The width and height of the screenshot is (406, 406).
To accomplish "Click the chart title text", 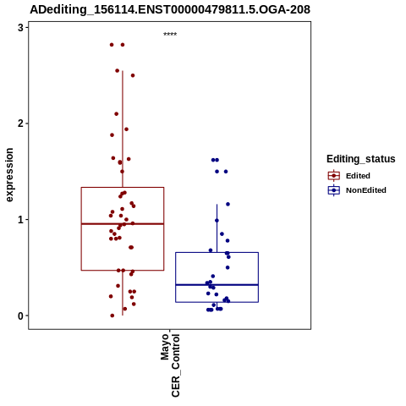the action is click(170, 9).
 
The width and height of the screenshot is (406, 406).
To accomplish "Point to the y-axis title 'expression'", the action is click(9, 175).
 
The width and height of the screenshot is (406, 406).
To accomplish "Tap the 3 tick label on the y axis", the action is click(20, 28).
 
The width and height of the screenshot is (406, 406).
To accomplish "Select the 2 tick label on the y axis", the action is click(20, 123).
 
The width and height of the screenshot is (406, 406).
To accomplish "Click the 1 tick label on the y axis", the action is click(20, 220).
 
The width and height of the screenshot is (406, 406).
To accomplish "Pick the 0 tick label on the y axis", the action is click(20, 315).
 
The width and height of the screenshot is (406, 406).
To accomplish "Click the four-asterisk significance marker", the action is click(170, 34).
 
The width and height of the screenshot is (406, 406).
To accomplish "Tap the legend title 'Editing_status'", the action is click(360, 159).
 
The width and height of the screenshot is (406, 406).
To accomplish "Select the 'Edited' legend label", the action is click(358, 176).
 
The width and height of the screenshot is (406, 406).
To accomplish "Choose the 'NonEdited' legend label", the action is click(366, 190).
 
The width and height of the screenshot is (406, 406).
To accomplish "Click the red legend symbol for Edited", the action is click(334, 176).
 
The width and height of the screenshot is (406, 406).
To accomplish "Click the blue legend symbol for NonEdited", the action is click(334, 190).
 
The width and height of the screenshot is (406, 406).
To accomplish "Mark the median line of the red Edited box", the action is click(123, 224).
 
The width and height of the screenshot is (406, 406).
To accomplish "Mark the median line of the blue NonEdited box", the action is click(217, 285).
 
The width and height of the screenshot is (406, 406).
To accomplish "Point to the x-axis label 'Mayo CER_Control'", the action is click(170, 365).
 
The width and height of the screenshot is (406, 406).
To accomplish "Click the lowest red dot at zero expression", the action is click(112, 315).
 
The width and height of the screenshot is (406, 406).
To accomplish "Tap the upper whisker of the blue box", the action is click(217, 228).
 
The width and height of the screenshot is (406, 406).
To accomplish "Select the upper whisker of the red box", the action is click(123, 129).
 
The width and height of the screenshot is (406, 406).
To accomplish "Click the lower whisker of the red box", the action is click(123, 293).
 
